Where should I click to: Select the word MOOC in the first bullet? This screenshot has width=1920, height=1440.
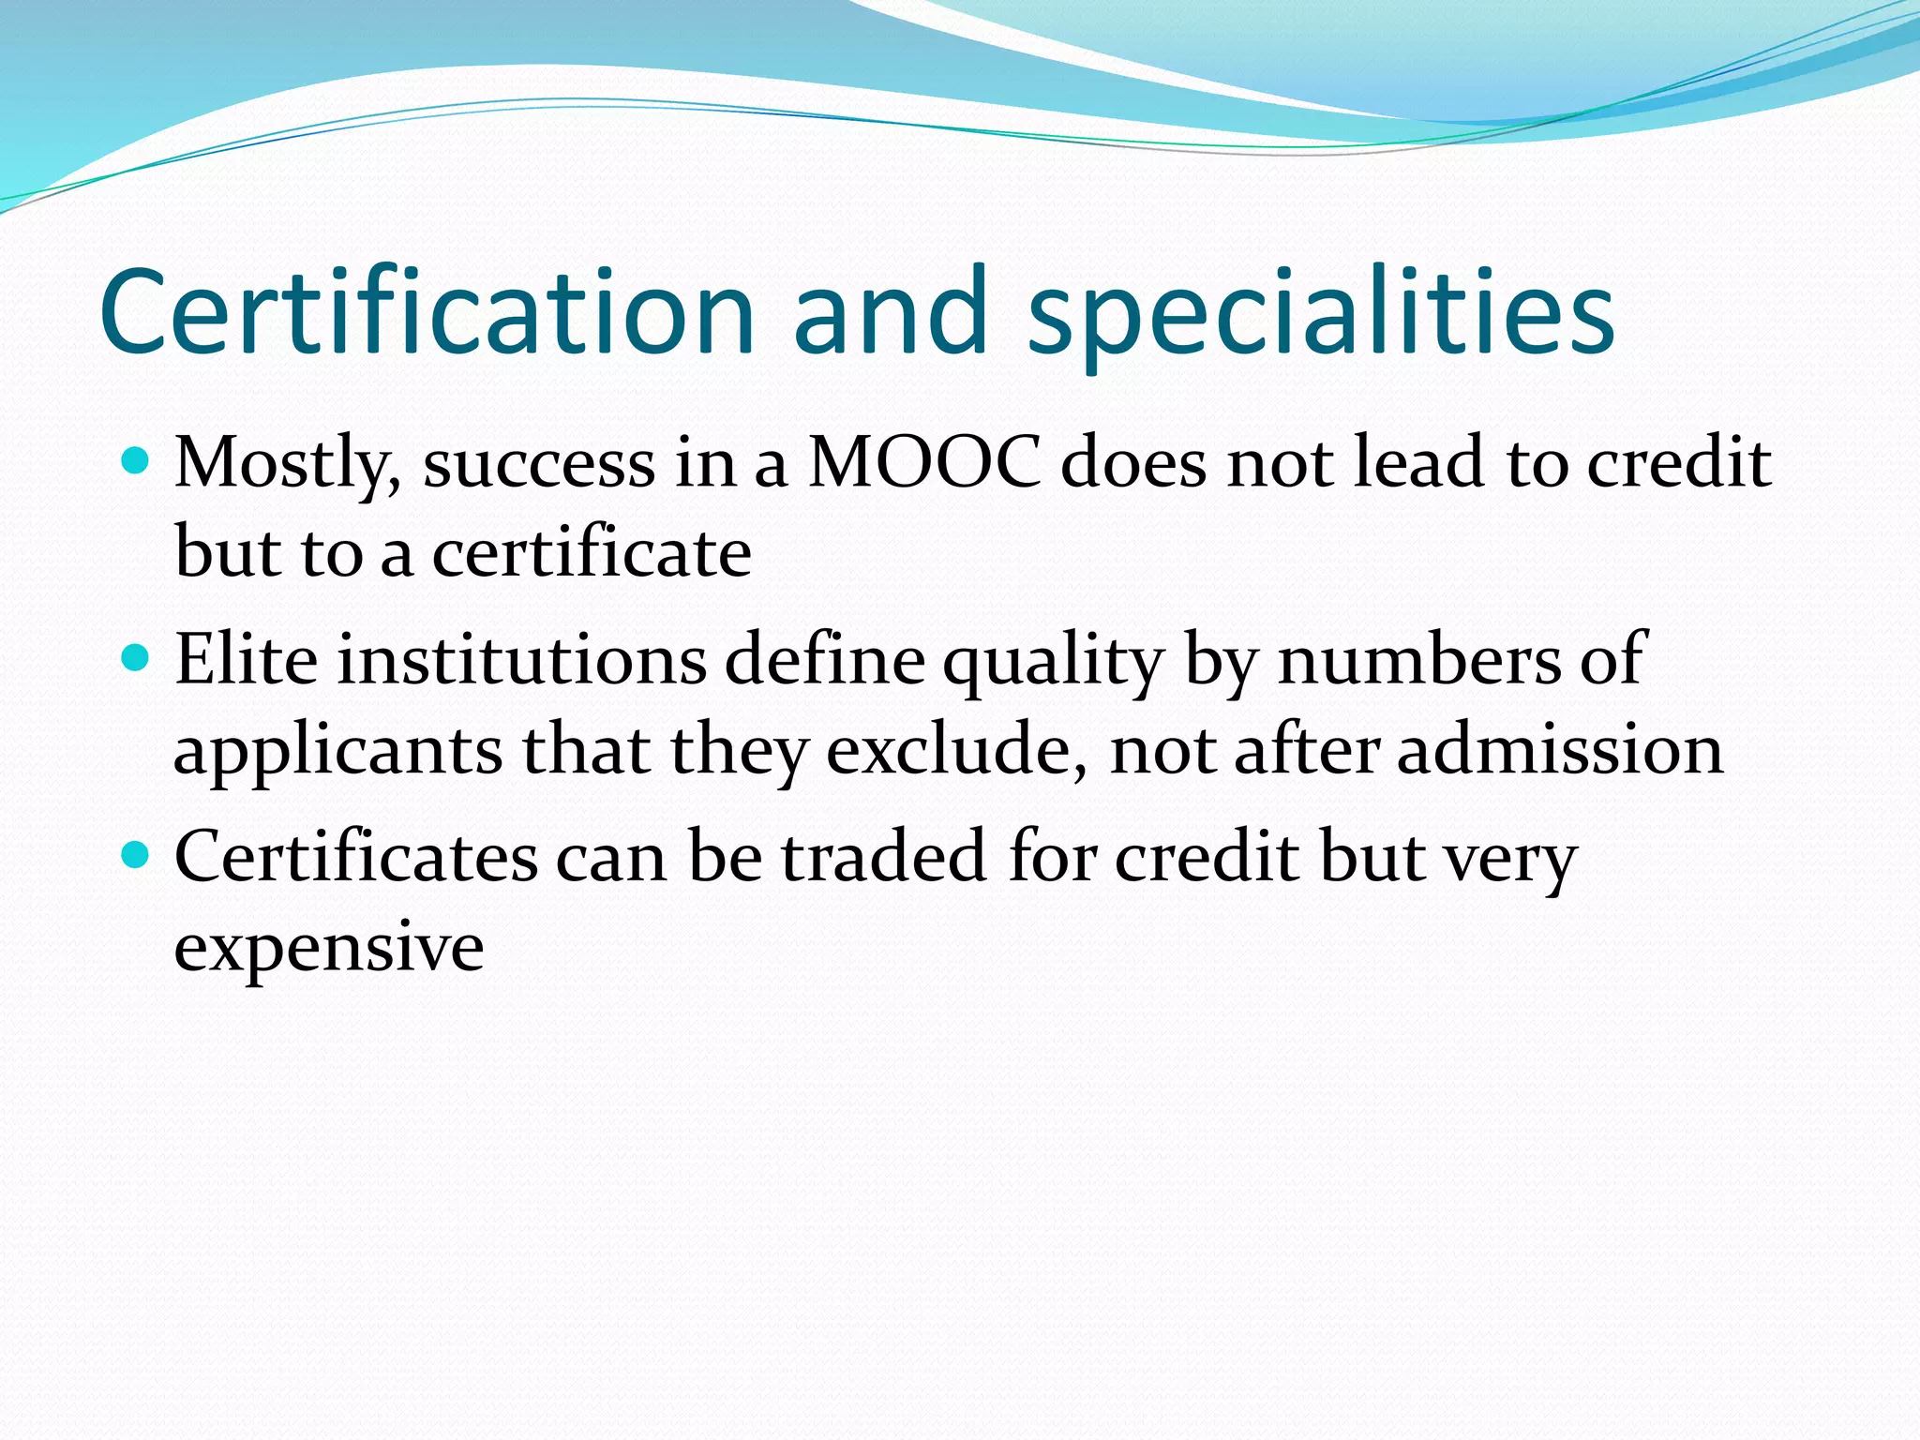923,463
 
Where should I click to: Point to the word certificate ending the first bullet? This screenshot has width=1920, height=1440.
592,553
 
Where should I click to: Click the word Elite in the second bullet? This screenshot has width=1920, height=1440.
247,660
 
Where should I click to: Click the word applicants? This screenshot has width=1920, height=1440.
338,752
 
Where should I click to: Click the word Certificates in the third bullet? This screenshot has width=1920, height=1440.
356,857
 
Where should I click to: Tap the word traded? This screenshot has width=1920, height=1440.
884,857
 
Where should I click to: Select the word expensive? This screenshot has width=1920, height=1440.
329,949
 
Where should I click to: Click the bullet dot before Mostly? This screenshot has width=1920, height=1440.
136,461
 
